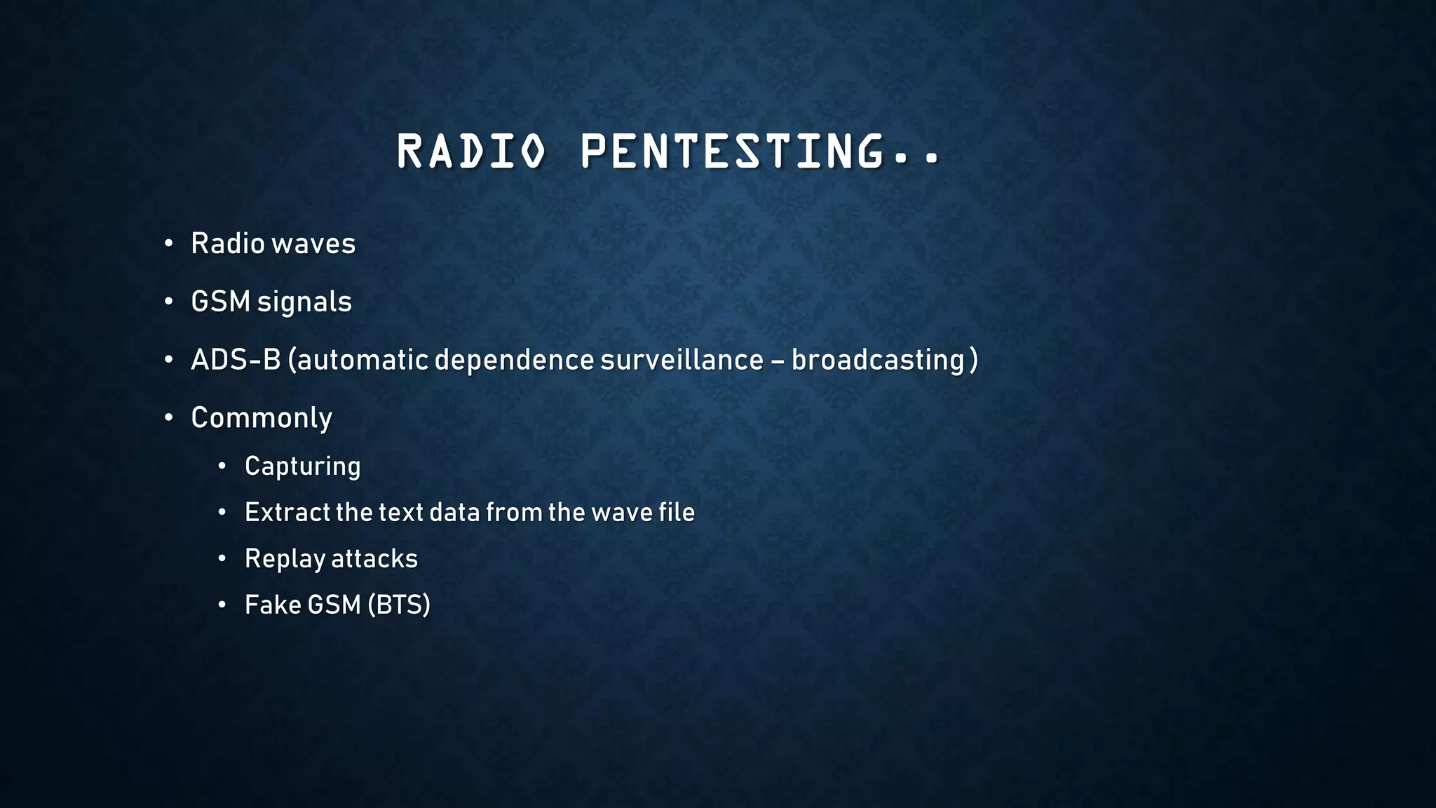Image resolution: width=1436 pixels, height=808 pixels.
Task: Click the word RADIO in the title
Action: pos(471,151)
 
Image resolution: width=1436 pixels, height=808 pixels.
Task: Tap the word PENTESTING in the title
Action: pos(732,151)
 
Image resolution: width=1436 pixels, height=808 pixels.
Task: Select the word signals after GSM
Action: pos(304,302)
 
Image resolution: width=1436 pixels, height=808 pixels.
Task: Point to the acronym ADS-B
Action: pos(236,360)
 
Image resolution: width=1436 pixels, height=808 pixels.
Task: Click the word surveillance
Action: pos(682,360)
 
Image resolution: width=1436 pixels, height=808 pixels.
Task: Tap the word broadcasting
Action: pos(878,360)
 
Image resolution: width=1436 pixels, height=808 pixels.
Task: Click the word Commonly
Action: pos(262,418)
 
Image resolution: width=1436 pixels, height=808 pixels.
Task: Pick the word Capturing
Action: pos(302,466)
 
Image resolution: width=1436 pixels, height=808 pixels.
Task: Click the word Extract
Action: pos(287,513)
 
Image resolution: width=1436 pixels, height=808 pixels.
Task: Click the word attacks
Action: pos(374,559)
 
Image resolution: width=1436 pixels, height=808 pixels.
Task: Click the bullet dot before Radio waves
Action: pos(168,244)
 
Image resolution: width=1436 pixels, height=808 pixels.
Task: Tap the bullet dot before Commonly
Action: pos(168,418)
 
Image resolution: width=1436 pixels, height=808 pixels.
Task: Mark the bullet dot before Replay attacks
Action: pos(222,559)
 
